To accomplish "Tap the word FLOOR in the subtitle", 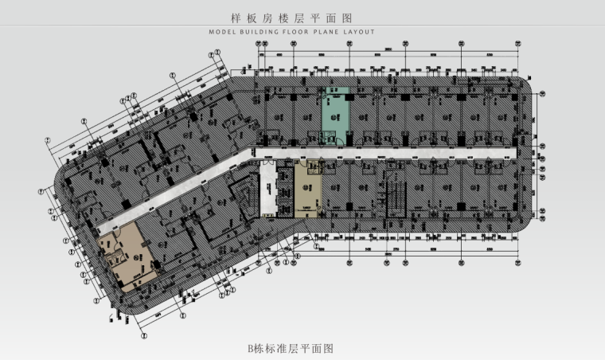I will point(302,33).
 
